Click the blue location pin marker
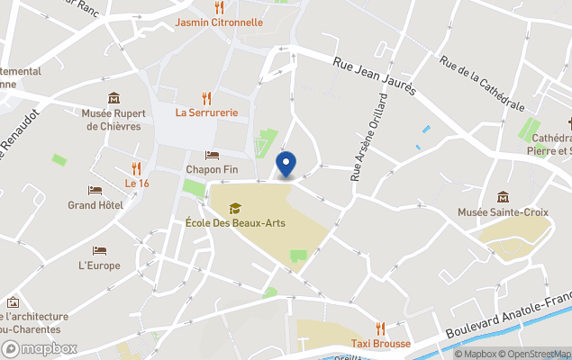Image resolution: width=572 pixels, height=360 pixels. [x=285, y=166]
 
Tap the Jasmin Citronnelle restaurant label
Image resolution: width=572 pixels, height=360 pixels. [x=219, y=22]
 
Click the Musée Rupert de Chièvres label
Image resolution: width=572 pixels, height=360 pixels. [x=112, y=120]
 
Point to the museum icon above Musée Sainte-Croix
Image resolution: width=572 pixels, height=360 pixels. [x=503, y=197]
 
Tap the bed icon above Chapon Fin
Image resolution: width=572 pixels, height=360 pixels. [x=212, y=155]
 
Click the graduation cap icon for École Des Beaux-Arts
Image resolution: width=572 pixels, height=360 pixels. [x=235, y=208]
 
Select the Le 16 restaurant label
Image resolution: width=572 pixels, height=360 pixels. [x=137, y=184]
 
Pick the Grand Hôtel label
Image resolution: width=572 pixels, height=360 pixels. [x=95, y=205]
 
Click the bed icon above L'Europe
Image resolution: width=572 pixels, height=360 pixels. [x=99, y=250]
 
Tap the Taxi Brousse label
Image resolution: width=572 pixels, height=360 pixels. [x=380, y=344]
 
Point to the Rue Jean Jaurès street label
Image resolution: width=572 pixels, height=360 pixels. [x=375, y=76]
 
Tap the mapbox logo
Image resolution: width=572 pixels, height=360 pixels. [x=40, y=348]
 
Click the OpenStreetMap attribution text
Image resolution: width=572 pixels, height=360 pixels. [x=534, y=354]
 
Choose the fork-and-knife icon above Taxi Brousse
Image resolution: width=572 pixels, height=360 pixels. [x=380, y=328]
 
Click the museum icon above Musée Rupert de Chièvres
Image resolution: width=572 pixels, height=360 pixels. [x=113, y=98]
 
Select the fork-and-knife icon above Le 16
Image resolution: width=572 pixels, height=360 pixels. [x=137, y=168]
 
